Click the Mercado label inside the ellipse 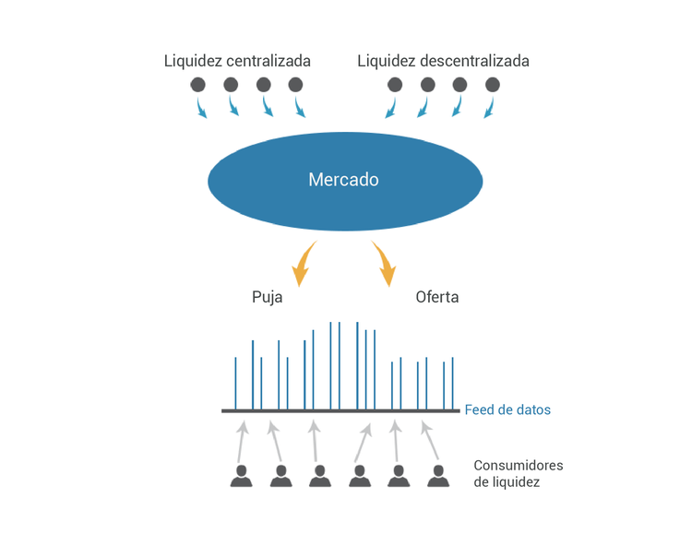(x=343, y=180)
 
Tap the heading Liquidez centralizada (x=237, y=61)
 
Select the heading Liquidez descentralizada (x=443, y=61)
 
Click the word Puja (x=267, y=298)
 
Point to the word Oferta (x=437, y=298)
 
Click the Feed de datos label (x=507, y=409)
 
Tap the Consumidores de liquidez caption (x=518, y=473)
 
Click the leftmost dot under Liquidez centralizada (x=198, y=85)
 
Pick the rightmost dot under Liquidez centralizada (x=295, y=85)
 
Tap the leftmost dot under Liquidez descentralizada (x=395, y=85)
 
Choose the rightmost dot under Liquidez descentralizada (x=492, y=85)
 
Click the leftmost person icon (x=242, y=475)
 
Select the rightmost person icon (x=437, y=475)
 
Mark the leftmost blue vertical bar (x=235, y=383)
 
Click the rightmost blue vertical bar (x=452, y=383)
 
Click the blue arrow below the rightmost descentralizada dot (x=489, y=109)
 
